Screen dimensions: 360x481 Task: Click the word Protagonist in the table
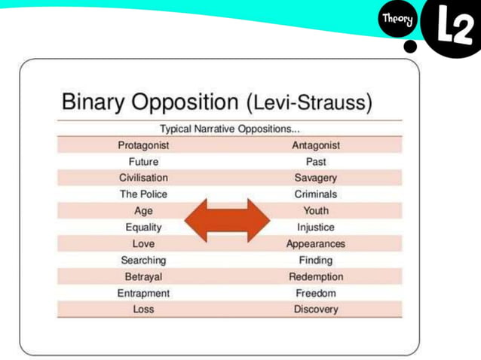point(143,145)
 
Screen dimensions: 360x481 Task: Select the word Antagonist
point(316,145)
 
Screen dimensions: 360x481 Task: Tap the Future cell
point(143,161)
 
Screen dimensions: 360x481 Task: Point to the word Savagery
point(316,178)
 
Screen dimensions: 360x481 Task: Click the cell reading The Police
point(143,194)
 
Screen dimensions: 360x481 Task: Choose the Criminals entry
point(316,194)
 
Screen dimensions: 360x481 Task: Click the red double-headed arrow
point(227,220)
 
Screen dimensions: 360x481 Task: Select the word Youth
point(316,211)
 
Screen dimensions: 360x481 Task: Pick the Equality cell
point(143,227)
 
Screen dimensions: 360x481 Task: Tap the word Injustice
point(316,227)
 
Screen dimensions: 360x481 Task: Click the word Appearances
point(316,244)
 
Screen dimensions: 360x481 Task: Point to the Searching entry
point(143,261)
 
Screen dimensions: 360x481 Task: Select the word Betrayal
point(143,276)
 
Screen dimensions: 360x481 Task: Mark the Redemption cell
point(316,276)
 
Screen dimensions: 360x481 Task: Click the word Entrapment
point(143,293)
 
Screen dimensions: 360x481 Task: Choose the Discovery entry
point(316,310)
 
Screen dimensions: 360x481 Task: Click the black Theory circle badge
point(397,21)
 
